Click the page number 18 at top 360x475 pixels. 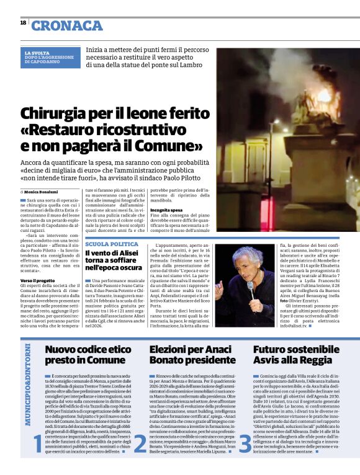(x=23, y=23)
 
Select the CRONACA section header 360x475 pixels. (x=67, y=25)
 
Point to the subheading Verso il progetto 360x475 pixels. (x=37, y=280)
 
